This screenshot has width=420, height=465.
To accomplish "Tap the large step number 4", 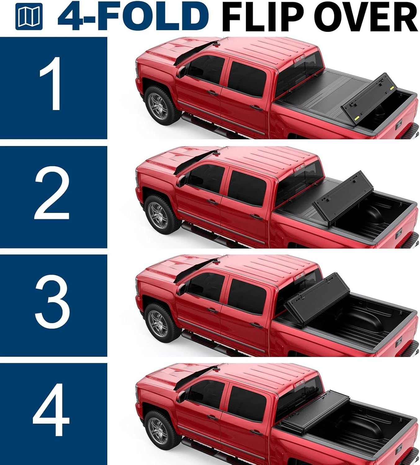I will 51,410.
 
